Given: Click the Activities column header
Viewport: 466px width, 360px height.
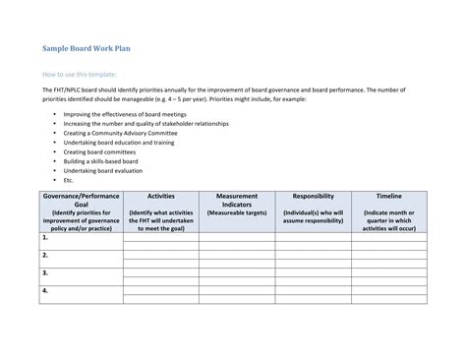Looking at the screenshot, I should pyautogui.click(x=160, y=197).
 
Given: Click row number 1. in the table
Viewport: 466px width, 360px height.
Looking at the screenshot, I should pyautogui.click(x=45, y=237).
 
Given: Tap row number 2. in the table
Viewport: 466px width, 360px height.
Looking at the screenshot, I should pyautogui.click(x=45, y=255).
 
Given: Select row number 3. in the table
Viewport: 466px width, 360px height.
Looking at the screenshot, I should pyautogui.click(x=45, y=272).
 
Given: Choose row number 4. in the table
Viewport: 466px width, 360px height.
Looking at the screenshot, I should pyautogui.click(x=45, y=290).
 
